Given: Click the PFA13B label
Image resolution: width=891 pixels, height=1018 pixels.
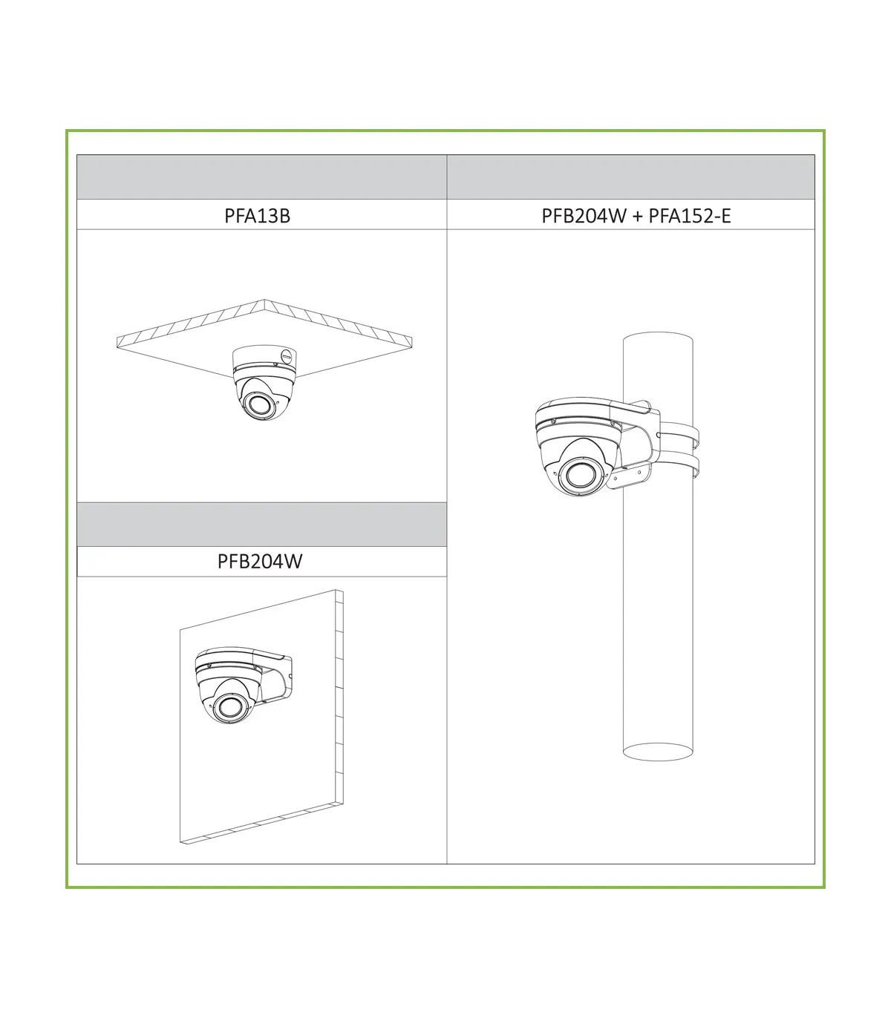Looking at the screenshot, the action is (x=257, y=216).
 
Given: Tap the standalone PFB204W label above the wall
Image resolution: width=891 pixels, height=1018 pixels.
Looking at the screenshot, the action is (x=260, y=561).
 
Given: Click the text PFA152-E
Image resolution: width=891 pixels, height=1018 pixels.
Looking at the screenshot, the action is (x=689, y=216).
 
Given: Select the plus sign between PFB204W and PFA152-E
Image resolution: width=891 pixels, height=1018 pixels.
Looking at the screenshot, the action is (x=637, y=217).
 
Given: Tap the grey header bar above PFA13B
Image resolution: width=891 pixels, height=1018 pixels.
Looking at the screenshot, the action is (x=262, y=177).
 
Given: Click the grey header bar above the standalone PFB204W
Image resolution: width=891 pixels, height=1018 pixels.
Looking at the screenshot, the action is (x=262, y=525).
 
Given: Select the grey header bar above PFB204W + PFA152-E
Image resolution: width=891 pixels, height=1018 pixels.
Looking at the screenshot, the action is (x=630, y=177).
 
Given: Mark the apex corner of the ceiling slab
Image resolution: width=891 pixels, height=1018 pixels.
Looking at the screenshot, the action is (x=264, y=300).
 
